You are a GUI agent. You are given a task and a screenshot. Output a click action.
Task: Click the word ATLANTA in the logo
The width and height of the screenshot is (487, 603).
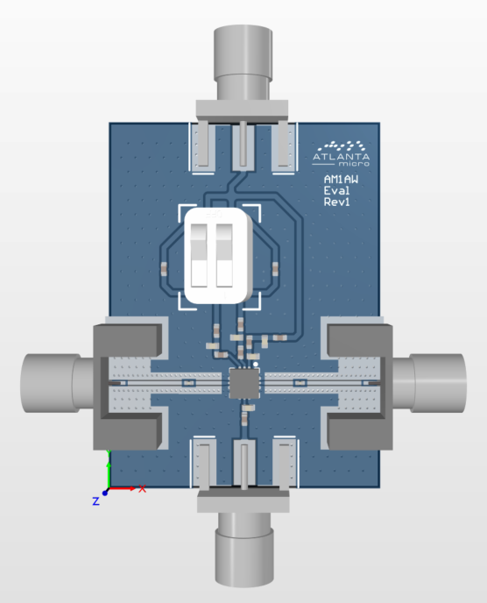pos(341,157)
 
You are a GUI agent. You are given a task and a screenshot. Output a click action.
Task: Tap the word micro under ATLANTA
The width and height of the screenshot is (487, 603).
pos(354,164)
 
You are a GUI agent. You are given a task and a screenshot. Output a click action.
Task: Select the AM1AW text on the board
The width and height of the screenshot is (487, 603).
pos(341,179)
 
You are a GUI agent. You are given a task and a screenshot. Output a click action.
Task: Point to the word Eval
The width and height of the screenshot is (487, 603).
pos(336,190)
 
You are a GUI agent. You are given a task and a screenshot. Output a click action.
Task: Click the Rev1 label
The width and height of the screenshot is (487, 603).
pos(336,202)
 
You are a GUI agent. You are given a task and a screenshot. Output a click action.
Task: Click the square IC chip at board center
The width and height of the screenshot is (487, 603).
pos(244,383)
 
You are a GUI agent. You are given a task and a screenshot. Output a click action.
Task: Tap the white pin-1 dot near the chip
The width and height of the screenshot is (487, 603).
pos(256,364)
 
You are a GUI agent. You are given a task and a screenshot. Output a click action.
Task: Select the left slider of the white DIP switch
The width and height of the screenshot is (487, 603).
pos(199,255)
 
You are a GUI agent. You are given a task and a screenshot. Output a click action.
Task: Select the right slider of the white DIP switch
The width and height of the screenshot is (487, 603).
pos(224,255)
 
